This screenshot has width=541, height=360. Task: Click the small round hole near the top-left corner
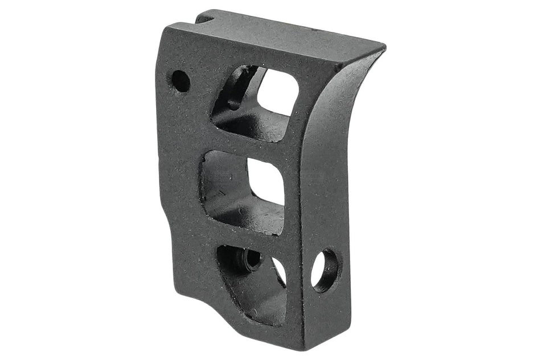pyautogui.click(x=181, y=81)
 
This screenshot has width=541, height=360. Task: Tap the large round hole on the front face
pyautogui.click(x=325, y=271)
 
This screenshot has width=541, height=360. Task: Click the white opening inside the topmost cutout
pyautogui.click(x=278, y=93)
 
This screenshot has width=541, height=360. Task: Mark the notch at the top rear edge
pyautogui.click(x=206, y=17)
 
